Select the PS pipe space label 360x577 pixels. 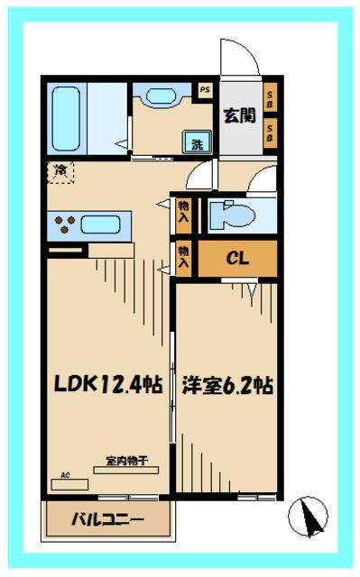[204, 89]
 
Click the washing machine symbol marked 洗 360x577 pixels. [197, 141]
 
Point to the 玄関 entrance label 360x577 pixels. [238, 114]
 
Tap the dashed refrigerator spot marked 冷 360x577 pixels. [60, 169]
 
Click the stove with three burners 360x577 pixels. [65, 224]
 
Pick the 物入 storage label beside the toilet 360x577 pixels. [184, 213]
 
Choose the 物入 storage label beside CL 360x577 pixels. [184, 258]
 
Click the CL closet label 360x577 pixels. [237, 260]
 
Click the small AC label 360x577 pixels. [64, 474]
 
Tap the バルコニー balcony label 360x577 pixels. [107, 519]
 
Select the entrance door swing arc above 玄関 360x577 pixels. [240, 60]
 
